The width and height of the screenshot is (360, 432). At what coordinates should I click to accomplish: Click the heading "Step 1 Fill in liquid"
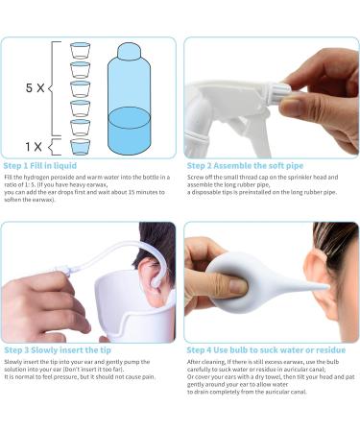coord(40,166)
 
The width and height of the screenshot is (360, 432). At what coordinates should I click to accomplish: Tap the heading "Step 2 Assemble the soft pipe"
coord(237,166)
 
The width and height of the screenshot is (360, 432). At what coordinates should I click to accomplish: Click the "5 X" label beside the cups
coord(35,87)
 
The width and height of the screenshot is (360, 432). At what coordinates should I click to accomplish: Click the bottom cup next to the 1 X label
coord(80,146)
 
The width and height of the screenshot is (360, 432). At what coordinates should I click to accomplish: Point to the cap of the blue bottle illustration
coord(130,50)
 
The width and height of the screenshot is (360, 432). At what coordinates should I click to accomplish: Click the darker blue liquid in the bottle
coord(130,131)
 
